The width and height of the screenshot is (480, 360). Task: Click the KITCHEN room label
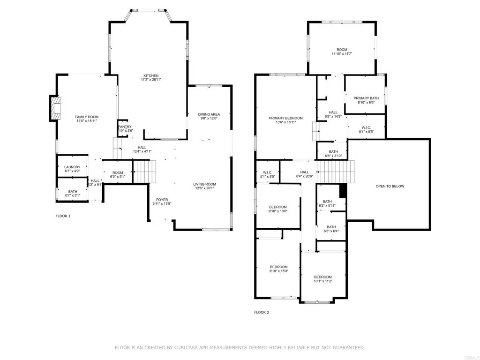pos(151,75)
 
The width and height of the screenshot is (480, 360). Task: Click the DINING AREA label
pos(209,114)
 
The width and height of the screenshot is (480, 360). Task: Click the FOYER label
pos(162,200)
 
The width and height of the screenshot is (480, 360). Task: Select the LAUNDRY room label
pos(72,167)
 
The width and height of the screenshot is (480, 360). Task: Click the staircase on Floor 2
pos(335,172)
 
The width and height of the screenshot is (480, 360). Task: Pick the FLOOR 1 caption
pos(63,216)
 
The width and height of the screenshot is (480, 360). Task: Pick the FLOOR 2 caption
pos(262,312)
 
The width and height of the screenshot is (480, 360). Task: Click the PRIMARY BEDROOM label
pos(285,118)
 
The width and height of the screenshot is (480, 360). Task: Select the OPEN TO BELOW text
pos(390,186)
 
